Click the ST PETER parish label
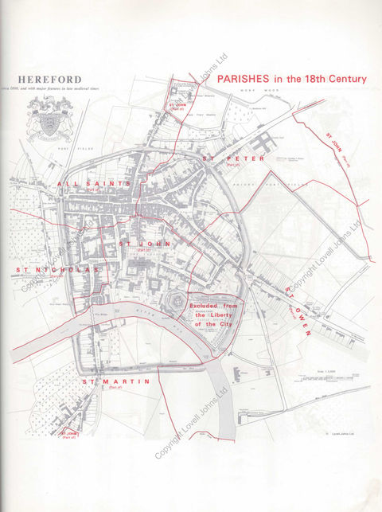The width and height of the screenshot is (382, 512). tap(232, 158)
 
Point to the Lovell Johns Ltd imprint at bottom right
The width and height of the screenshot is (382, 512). tap(339, 434)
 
